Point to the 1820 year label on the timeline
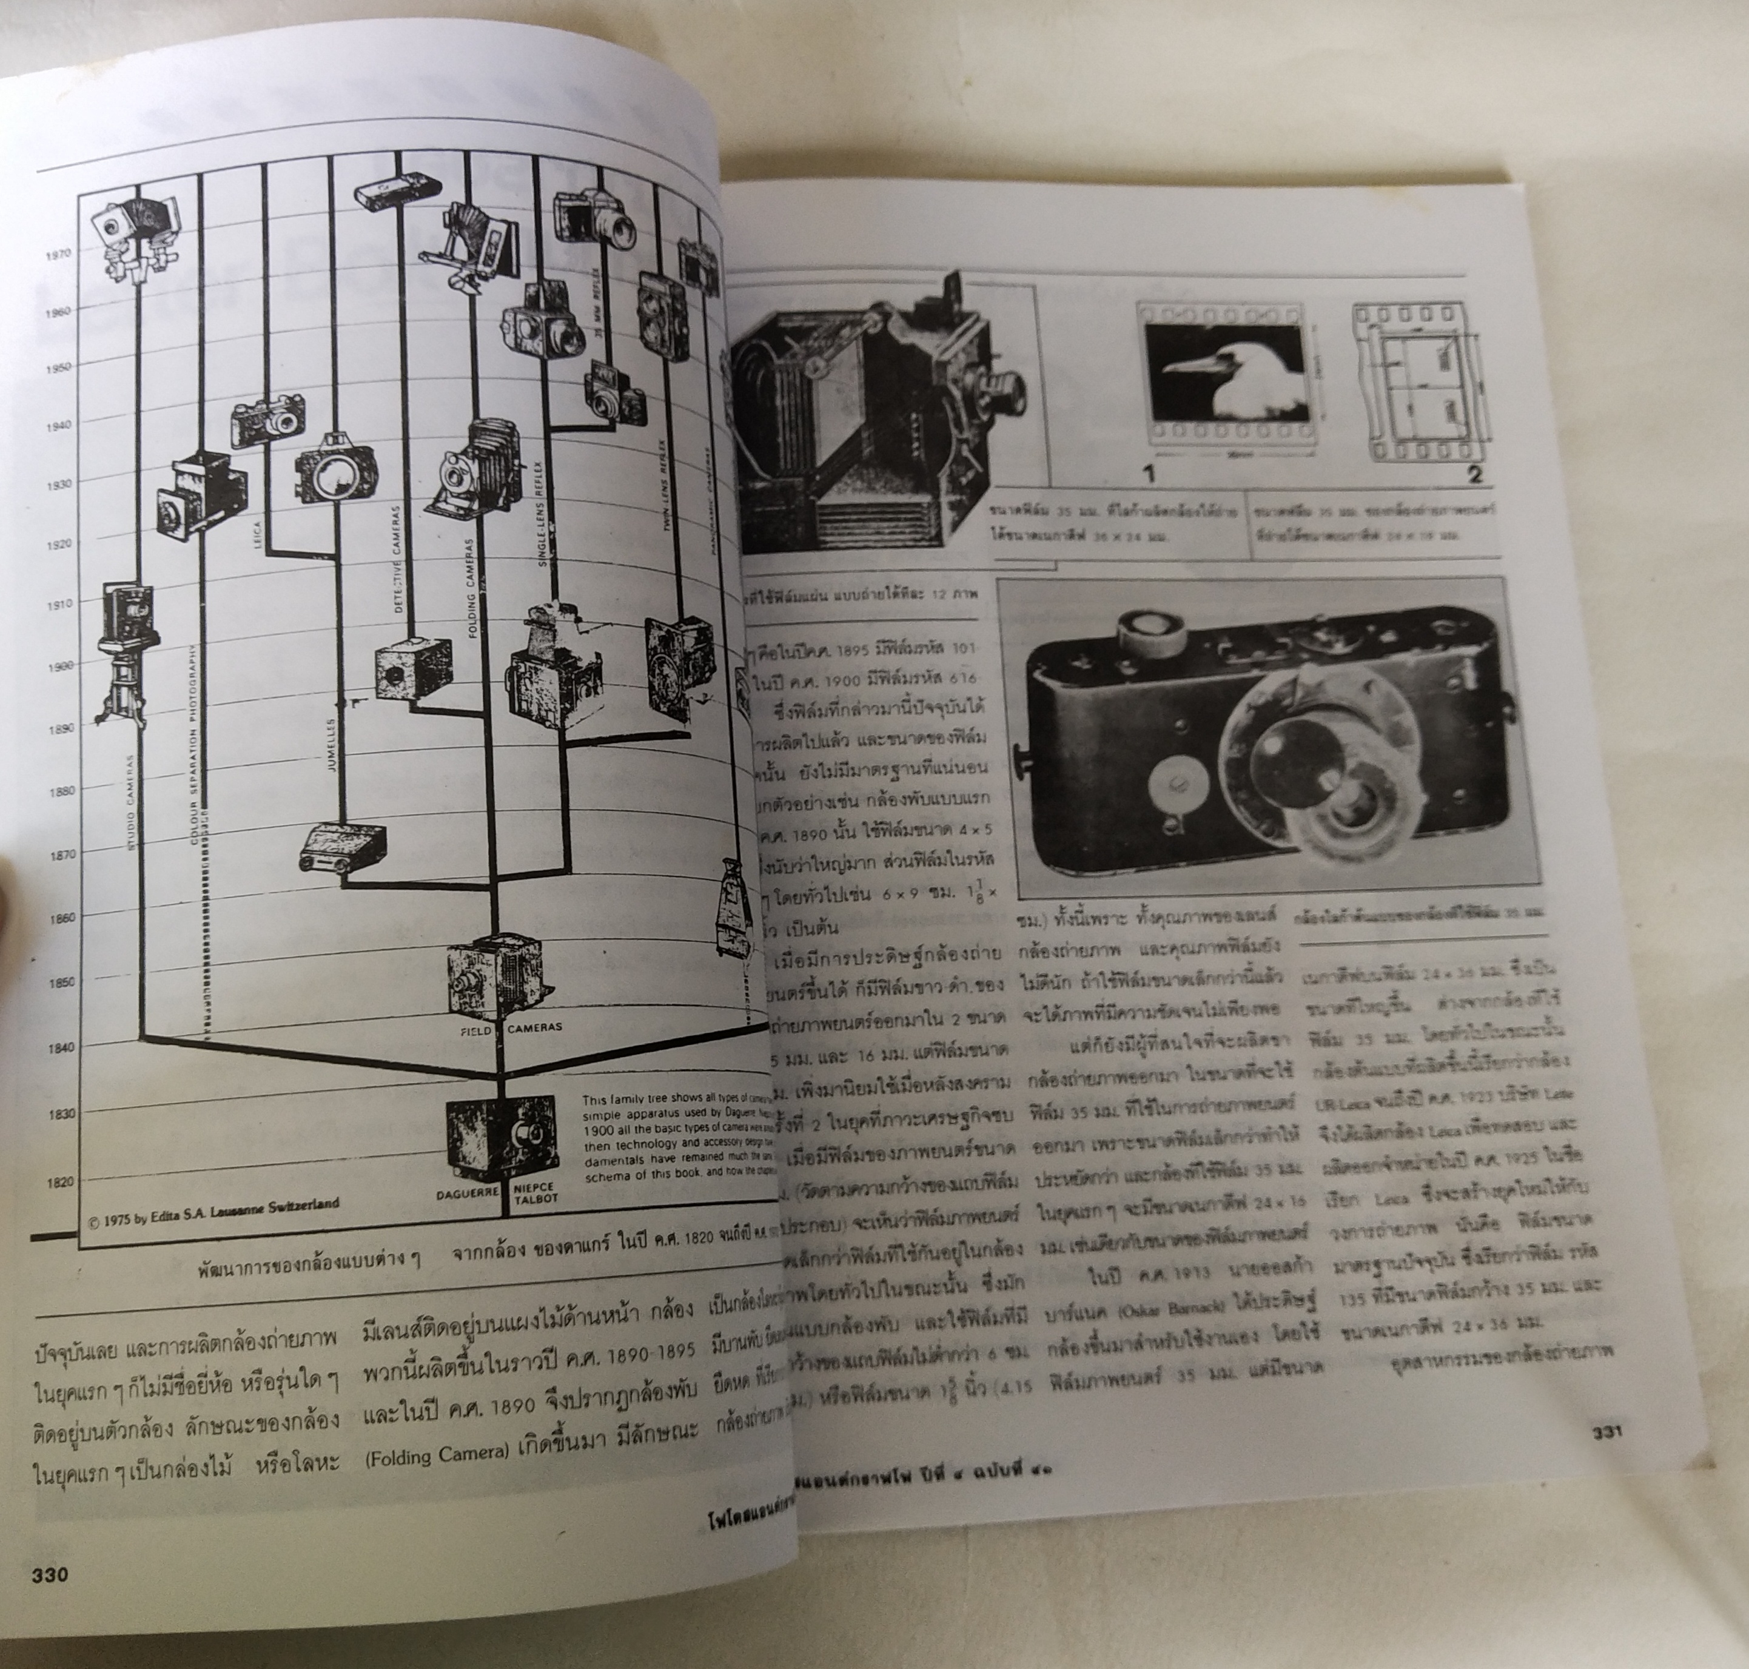point(59,1183)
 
